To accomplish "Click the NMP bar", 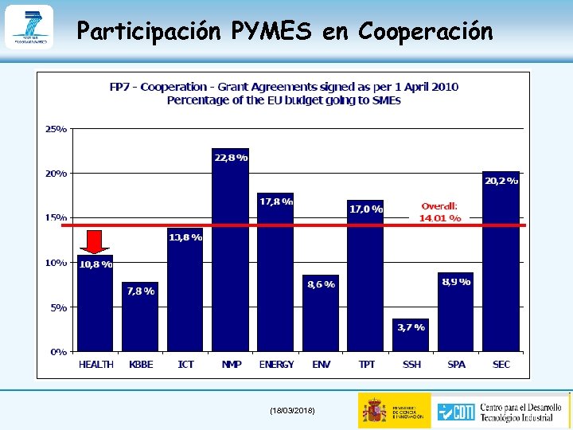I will pyautogui.click(x=230, y=255).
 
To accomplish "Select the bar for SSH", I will pyautogui.click(x=411, y=338).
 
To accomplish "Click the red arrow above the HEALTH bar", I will pyautogui.click(x=95, y=242).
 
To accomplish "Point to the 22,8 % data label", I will pyautogui.click(x=231, y=158).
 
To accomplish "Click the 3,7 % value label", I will pyautogui.click(x=411, y=326).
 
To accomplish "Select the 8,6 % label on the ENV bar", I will pyautogui.click(x=321, y=283).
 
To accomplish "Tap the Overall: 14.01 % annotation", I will pyautogui.click(x=440, y=212).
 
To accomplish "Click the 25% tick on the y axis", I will pyautogui.click(x=56, y=128).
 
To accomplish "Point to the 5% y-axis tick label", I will pyautogui.click(x=58, y=307).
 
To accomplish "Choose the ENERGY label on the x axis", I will pyautogui.click(x=276, y=365).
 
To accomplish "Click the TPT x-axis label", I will pyautogui.click(x=366, y=365).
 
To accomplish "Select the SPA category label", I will pyautogui.click(x=456, y=365).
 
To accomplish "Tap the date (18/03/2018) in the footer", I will pyautogui.click(x=292, y=410).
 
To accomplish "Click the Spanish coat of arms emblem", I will pyautogui.click(x=375, y=410).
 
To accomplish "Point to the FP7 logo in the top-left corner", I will pyautogui.click(x=29, y=26).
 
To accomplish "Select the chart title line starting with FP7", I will pyautogui.click(x=283, y=87).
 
